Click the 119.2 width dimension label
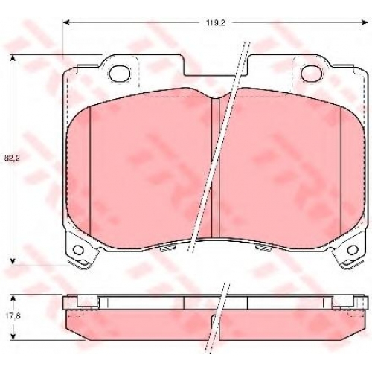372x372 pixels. point(216,23)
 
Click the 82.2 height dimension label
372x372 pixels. point(10,158)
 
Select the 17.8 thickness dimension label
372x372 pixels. point(10,316)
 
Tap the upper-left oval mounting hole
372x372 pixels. point(120,74)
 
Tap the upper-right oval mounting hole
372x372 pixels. point(312,74)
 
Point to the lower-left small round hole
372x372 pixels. point(79,249)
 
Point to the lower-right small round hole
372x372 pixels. point(353,249)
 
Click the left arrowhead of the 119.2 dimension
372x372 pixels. point(66,23)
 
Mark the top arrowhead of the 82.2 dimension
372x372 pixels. point(13,58)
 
